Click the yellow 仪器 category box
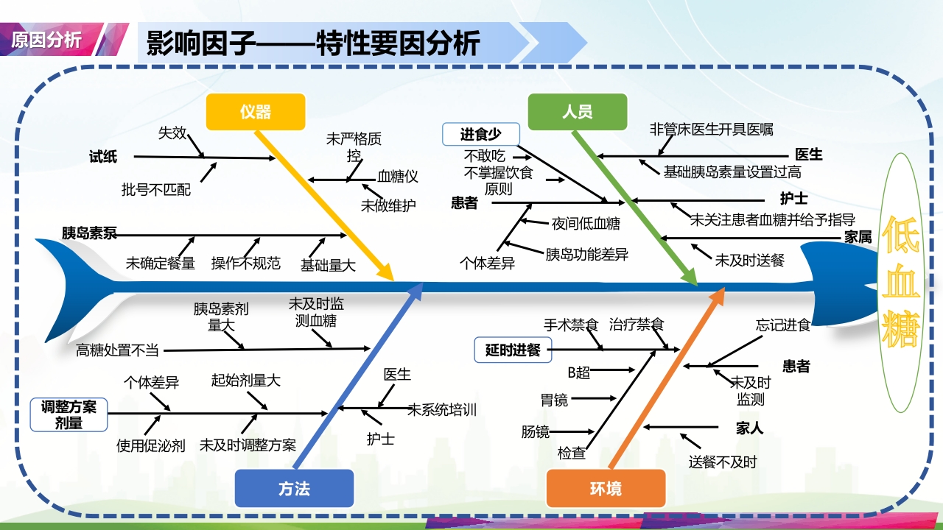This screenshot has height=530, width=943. tap(256, 112)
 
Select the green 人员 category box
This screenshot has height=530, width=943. tap(578, 112)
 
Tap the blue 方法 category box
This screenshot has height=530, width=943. tap(294, 489)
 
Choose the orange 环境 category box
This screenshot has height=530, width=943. tap(606, 489)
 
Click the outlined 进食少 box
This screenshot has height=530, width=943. tap(481, 134)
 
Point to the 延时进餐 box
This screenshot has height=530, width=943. tap(513, 350)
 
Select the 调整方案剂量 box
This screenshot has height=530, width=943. tap(69, 415)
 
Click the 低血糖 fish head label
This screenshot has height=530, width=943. tap(901, 282)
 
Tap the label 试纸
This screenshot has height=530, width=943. tap(102, 156)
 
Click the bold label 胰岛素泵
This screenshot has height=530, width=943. tap(89, 233)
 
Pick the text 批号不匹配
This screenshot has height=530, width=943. tap(156, 190)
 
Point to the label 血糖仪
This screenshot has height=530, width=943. tap(398, 177)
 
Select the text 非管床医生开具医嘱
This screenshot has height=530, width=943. tap(711, 130)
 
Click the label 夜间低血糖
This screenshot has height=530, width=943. tap(586, 224)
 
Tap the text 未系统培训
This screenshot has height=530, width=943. tap(442, 409)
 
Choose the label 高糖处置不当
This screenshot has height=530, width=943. tap(117, 350)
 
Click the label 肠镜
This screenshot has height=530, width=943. tap(536, 431)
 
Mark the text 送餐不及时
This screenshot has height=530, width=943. tap(723, 462)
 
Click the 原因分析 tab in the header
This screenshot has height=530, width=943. tap(46, 39)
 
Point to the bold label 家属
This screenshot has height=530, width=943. tap(858, 237)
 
